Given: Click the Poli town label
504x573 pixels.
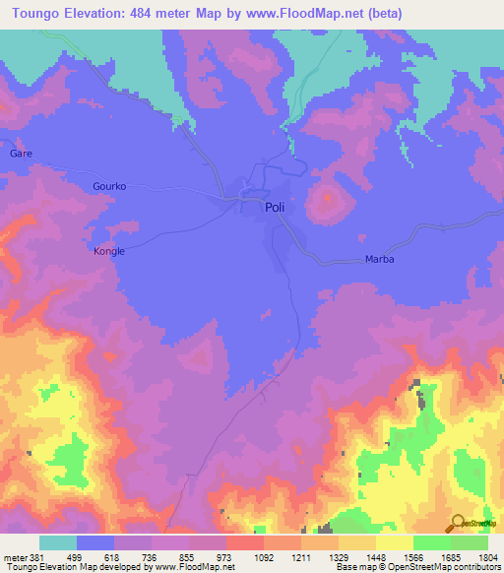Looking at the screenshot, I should click(276, 208).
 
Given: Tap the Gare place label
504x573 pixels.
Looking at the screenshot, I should click(21, 155).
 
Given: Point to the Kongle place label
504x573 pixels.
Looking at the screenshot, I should click(108, 251).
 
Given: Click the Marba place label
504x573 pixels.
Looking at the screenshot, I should click(379, 260).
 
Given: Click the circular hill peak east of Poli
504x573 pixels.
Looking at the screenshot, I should click(327, 203).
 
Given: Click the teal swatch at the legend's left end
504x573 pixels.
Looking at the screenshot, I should click(58, 542).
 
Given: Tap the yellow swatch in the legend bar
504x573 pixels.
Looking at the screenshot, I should click(394, 542).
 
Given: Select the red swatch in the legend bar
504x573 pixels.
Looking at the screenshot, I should click(244, 542).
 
